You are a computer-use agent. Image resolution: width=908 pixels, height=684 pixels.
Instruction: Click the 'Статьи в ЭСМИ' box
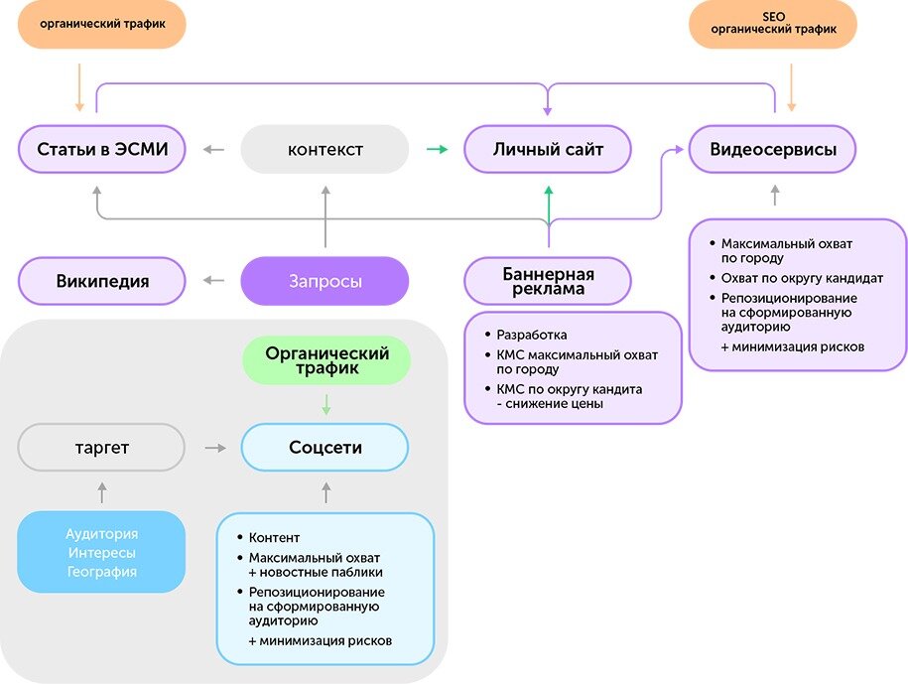click(x=102, y=150)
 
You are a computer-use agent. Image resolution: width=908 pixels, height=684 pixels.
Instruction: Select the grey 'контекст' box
click(x=325, y=150)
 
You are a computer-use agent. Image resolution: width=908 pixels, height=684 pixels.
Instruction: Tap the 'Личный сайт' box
click(x=548, y=150)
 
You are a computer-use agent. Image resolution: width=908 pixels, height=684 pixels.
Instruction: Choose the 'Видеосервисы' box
click(x=772, y=150)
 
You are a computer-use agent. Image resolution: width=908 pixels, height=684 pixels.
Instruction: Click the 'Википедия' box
click(x=102, y=281)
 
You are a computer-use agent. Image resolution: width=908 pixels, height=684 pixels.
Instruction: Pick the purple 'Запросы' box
click(x=325, y=281)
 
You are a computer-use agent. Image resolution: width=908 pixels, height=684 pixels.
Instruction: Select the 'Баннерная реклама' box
click(x=548, y=281)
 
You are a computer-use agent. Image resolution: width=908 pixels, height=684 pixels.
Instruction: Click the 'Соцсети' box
click(x=325, y=448)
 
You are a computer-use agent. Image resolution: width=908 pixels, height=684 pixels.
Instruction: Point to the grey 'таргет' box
click(x=102, y=448)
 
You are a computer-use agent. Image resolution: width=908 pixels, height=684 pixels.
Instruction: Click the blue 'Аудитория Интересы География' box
click(x=102, y=552)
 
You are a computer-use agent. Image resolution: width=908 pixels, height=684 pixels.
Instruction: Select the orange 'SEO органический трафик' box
click(x=772, y=24)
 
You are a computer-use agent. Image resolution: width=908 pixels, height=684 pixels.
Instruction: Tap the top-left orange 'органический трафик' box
click(x=102, y=24)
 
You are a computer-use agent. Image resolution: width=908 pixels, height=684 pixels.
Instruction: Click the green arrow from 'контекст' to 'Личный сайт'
click(x=437, y=150)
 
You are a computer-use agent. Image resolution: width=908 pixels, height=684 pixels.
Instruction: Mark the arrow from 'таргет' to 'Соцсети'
click(x=214, y=448)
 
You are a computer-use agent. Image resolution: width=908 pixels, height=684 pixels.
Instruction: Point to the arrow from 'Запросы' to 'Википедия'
click(x=214, y=281)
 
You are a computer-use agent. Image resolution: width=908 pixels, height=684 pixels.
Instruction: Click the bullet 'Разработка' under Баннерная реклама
click(x=531, y=335)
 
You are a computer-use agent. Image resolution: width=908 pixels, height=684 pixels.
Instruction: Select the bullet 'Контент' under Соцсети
click(x=274, y=538)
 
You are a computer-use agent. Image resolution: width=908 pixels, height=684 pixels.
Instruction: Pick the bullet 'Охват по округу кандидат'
click(x=794, y=278)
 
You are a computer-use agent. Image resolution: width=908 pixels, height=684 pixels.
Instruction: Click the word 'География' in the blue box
click(x=102, y=572)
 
